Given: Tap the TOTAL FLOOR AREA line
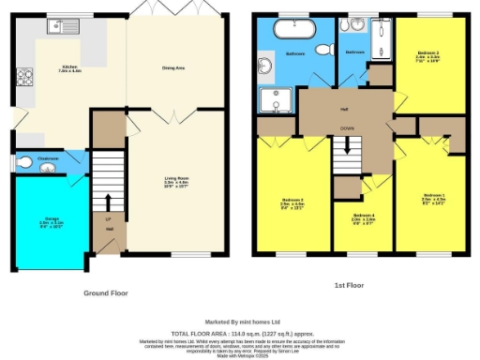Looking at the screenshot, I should tap(240, 334).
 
